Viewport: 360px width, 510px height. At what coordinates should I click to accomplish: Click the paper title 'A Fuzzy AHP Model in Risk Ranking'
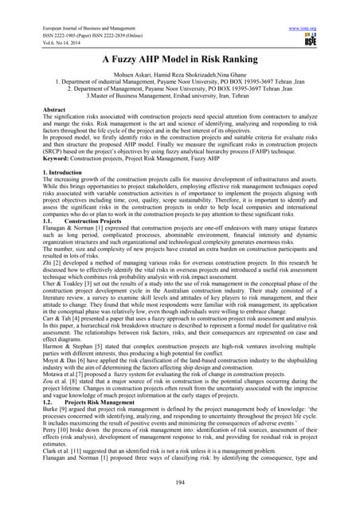tap(179, 57)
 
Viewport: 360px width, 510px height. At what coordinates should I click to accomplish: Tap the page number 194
tap(179, 483)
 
